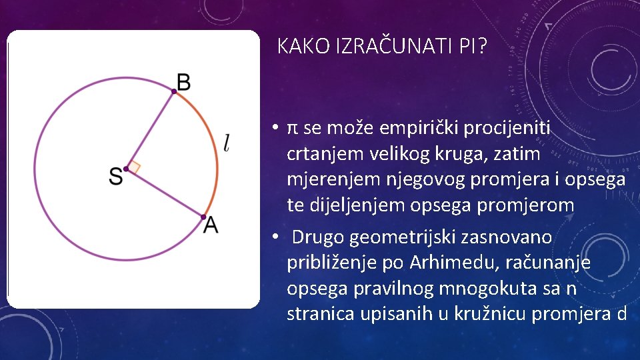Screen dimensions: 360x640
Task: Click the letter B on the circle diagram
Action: [183, 82]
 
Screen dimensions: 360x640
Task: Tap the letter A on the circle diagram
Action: [211, 226]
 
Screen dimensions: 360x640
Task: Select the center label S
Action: [115, 176]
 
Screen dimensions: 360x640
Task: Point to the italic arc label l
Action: [227, 143]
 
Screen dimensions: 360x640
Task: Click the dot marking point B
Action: [174, 92]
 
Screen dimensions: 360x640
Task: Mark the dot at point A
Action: [203, 217]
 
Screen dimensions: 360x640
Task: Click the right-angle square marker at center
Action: [133, 167]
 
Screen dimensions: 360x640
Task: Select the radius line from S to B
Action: [150, 130]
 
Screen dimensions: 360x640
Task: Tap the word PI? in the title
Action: [473, 46]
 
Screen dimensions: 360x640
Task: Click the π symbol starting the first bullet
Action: [292, 127]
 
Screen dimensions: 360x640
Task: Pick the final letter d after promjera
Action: [621, 313]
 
